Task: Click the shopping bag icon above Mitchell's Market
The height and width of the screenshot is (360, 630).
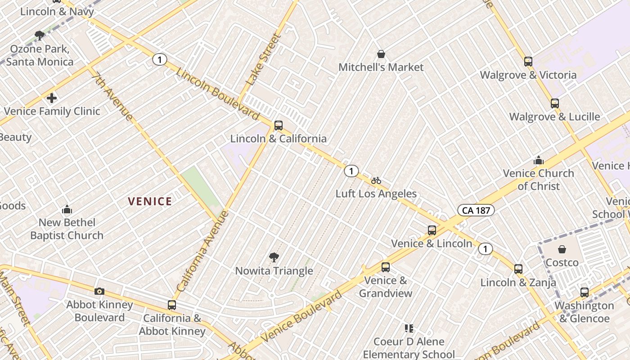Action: tap(381, 54)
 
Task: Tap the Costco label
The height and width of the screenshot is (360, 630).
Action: tap(562, 262)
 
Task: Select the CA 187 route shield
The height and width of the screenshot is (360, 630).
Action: tap(476, 210)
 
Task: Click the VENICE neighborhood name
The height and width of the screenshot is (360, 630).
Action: tap(150, 202)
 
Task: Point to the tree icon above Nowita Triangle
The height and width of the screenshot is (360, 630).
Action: tap(274, 257)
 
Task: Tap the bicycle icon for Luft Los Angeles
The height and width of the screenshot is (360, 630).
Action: tap(376, 180)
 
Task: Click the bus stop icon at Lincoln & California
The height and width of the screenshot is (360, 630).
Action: tap(279, 126)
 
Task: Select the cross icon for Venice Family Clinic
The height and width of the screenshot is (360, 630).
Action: tap(52, 98)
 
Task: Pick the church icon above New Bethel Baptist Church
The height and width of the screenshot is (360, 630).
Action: tap(67, 209)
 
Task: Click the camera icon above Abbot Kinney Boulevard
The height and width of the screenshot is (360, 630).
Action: tap(99, 291)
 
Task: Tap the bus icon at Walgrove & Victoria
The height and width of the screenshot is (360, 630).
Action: tap(528, 62)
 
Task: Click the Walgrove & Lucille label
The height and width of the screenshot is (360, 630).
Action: tap(554, 117)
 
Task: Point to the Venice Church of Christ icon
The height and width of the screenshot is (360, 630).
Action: tap(539, 160)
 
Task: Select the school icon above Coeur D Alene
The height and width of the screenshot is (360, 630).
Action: tap(409, 328)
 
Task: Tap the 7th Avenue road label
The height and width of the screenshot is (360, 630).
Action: tap(112, 96)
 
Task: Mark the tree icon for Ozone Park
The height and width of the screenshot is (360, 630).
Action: tap(40, 35)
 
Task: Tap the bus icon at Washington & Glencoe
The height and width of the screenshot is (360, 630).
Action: tap(584, 292)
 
